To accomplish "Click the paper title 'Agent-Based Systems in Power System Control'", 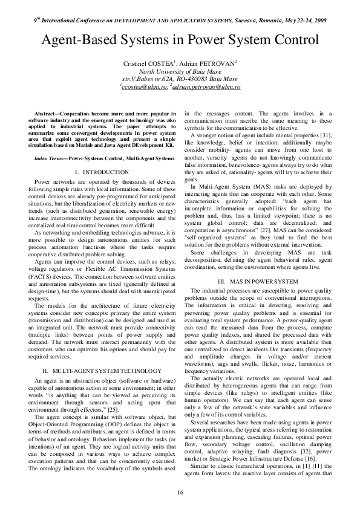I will (x=180, y=41).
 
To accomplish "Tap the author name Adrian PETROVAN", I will (x=207, y=63).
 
